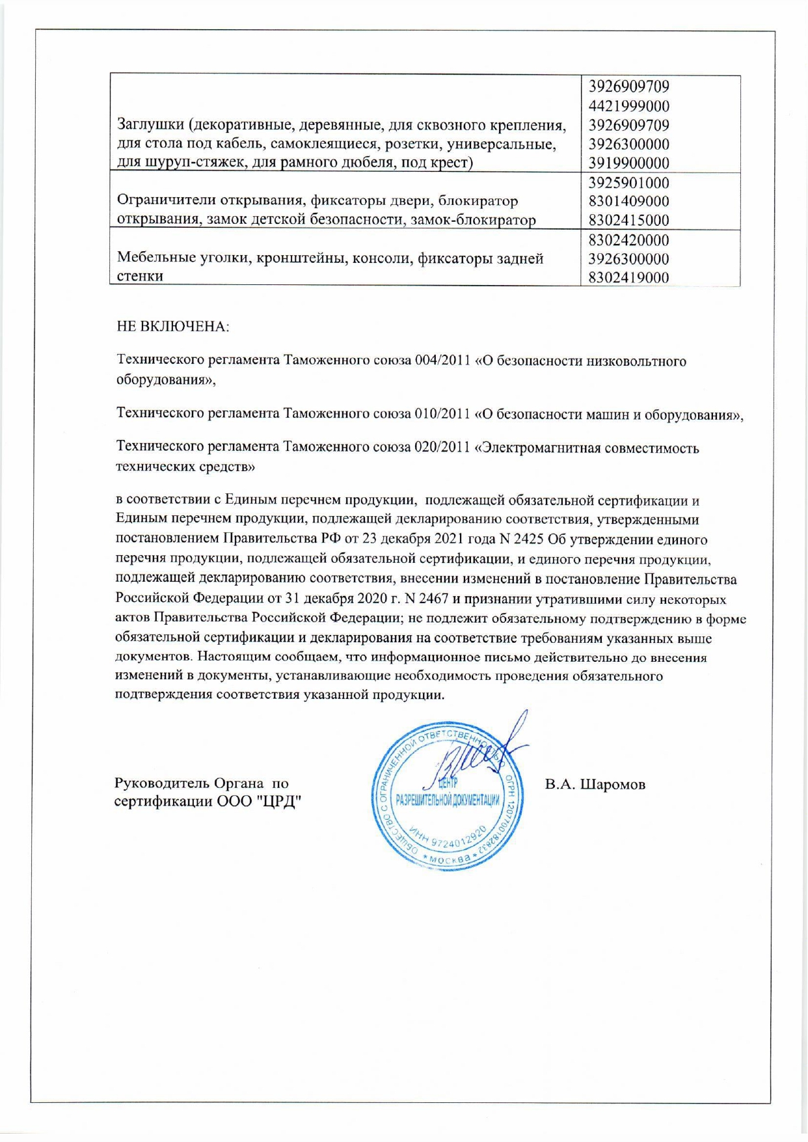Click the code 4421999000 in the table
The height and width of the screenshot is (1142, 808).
[x=628, y=105]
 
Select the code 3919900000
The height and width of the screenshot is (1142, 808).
[x=628, y=163]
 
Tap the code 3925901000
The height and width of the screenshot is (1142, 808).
[x=628, y=183]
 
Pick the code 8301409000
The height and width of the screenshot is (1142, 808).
[x=628, y=202]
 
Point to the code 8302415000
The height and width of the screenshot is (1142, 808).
[x=628, y=221]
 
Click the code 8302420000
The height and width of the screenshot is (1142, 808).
[x=628, y=240]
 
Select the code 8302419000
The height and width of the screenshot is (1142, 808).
[x=628, y=278]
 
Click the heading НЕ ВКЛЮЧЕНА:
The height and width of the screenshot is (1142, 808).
[x=173, y=326]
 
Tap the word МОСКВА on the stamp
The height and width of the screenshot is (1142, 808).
[x=449, y=860]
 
